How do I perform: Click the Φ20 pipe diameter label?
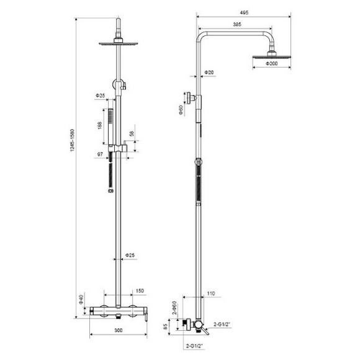point(210,73)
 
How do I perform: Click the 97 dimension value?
point(99,154)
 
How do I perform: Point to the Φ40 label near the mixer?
point(81,301)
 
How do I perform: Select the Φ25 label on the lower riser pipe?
point(130,255)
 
